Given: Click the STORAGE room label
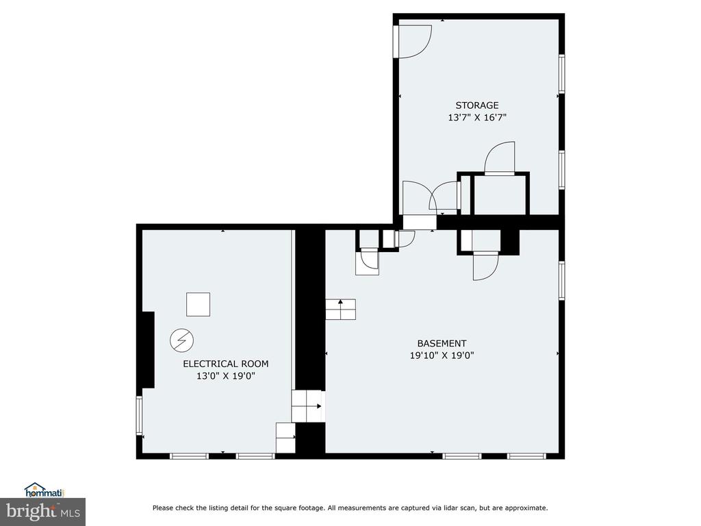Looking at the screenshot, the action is tap(477, 105).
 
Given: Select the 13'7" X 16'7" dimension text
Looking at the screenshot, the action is tap(477, 118).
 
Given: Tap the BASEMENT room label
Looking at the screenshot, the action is tap(442, 344).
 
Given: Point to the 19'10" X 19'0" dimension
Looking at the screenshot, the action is tap(442, 355).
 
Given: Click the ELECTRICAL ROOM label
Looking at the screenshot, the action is tap(226, 364).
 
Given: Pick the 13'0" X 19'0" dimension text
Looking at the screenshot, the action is tap(226, 376).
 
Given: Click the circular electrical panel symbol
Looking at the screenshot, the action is tap(182, 340).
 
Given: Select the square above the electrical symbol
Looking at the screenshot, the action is tap(198, 305).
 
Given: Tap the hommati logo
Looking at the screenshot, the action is tap(44, 490).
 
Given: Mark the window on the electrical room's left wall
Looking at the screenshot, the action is tap(139, 416).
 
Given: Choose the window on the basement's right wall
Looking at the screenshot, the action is tap(561, 280).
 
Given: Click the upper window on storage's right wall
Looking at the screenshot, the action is tap(561, 74).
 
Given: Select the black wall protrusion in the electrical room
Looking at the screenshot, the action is tap(149, 350).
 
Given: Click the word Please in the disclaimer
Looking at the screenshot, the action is tap(163, 508).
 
